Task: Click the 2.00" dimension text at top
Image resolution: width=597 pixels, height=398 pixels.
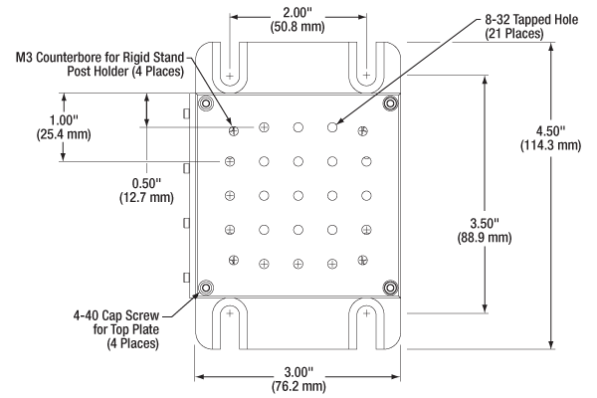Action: coord(298,11)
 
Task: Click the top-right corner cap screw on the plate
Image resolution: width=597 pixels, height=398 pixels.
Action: coord(389,103)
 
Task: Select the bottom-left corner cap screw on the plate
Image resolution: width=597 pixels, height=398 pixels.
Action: coord(207,289)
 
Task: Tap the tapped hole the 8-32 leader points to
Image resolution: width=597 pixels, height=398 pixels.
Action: coord(332,127)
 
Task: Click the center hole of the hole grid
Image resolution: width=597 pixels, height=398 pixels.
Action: coord(298,195)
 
